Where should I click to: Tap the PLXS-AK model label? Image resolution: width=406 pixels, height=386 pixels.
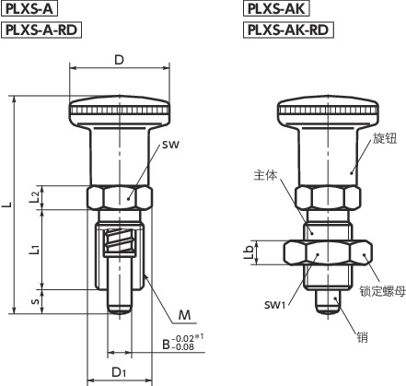[x=275, y=10]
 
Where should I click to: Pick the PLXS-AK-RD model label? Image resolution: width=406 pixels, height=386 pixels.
[x=289, y=29]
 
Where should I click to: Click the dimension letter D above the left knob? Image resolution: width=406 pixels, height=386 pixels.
[x=119, y=60]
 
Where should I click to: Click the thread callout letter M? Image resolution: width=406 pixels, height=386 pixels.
[x=184, y=314]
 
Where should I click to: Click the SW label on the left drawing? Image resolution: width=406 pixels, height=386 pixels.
[x=168, y=146]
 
